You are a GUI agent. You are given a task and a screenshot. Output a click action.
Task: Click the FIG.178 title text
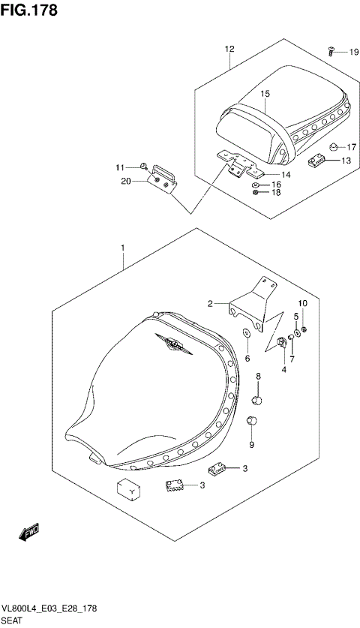tap(29, 11)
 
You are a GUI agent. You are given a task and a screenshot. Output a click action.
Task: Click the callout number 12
tap(229, 49)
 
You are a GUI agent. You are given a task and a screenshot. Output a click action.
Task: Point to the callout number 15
tap(265, 94)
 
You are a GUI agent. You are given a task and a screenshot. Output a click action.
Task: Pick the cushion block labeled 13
tap(318, 160)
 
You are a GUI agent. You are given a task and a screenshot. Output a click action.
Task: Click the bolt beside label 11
tap(141, 167)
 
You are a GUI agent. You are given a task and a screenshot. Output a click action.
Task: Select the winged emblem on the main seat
tap(174, 344)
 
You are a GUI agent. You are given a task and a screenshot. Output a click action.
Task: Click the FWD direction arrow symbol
tap(28, 533)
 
